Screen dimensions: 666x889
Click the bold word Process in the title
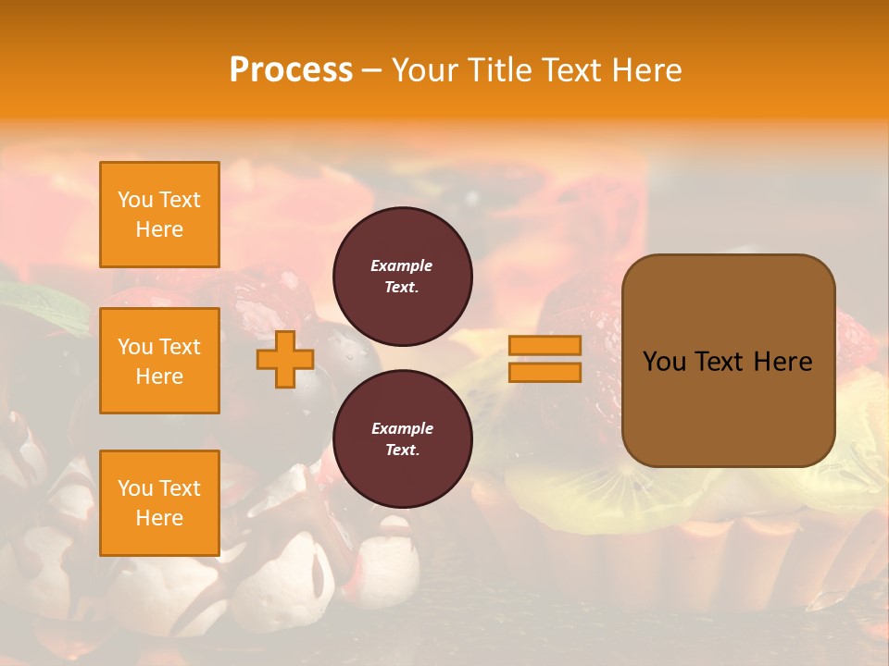click(x=291, y=69)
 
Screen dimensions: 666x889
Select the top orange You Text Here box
click(x=159, y=215)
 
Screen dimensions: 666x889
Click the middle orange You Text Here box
click(x=159, y=361)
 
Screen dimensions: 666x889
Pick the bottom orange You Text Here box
click(x=159, y=503)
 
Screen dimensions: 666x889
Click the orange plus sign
click(x=284, y=359)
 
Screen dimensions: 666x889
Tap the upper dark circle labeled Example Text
click(x=403, y=277)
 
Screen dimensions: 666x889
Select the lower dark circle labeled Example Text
click(x=403, y=439)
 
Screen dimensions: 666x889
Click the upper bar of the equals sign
click(x=545, y=345)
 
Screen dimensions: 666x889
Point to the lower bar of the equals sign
click(x=545, y=372)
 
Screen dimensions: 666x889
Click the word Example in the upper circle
click(x=402, y=265)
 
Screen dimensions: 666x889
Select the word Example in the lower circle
click(x=402, y=428)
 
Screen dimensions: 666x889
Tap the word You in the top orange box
click(x=135, y=200)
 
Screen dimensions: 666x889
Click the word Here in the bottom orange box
click(x=159, y=518)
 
